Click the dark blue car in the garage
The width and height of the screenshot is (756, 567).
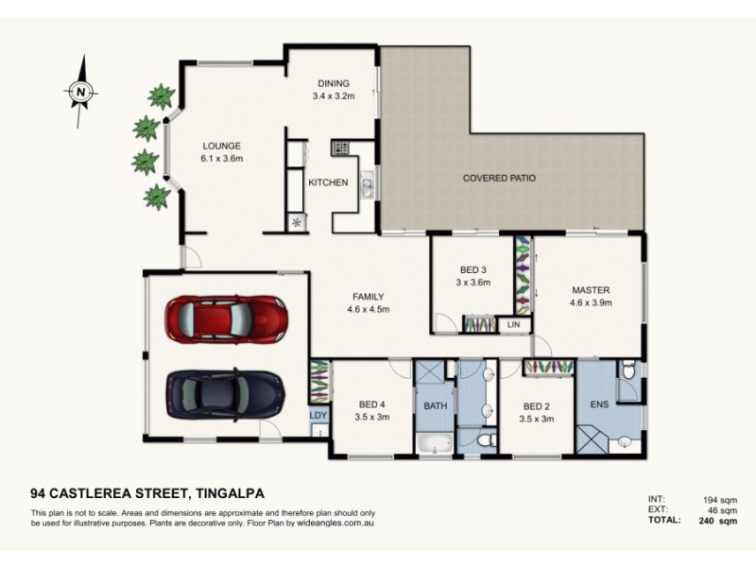pos(225,390)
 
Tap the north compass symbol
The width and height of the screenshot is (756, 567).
pos(81,91)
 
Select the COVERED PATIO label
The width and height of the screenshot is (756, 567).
pos(499,178)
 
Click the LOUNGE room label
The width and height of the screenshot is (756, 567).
pos(222,146)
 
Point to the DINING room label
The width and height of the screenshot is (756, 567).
pos(334,83)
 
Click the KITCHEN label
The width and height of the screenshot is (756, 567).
pos(329,182)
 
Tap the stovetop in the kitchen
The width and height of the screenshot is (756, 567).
pos(340,147)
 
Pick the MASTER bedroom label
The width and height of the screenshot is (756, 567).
pos(591,290)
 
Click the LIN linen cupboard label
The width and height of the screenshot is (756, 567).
pos(514,324)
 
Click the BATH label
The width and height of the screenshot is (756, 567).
pos(435,405)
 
